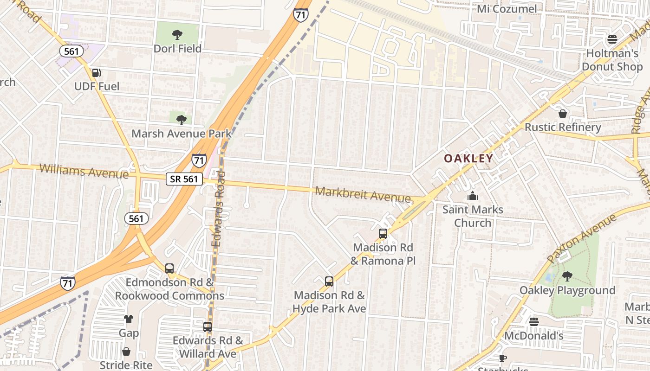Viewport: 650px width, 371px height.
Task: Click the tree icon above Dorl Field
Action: pyautogui.click(x=177, y=34)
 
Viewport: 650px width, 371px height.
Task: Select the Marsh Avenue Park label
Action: pyautogui.click(x=181, y=134)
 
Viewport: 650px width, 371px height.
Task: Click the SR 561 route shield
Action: pyautogui.click(x=184, y=179)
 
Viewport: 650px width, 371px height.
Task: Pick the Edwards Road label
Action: pyautogui.click(x=218, y=209)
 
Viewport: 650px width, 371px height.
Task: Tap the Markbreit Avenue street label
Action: pyautogui.click(x=363, y=194)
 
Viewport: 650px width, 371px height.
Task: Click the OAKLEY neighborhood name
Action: pyautogui.click(x=468, y=159)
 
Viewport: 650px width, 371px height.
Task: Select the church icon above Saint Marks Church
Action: pyautogui.click(x=473, y=196)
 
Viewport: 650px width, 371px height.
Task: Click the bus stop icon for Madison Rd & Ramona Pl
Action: pyautogui.click(x=383, y=234)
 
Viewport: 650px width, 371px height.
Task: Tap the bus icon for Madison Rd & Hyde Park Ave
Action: pyautogui.click(x=329, y=281)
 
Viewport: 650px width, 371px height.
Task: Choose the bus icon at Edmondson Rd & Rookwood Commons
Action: pyautogui.click(x=169, y=268)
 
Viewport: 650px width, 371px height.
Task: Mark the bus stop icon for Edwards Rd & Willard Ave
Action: pyautogui.click(x=208, y=326)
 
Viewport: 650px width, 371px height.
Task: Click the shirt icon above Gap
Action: pyautogui.click(x=129, y=319)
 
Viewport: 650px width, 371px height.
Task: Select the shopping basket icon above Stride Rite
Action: pyautogui.click(x=126, y=352)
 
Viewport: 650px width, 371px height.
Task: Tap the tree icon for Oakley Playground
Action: pyautogui.click(x=567, y=276)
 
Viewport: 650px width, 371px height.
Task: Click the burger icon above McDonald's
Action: pyautogui.click(x=533, y=321)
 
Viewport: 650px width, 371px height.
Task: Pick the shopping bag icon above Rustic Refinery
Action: pyautogui.click(x=563, y=113)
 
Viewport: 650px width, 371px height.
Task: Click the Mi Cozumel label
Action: pyautogui.click(x=507, y=9)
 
